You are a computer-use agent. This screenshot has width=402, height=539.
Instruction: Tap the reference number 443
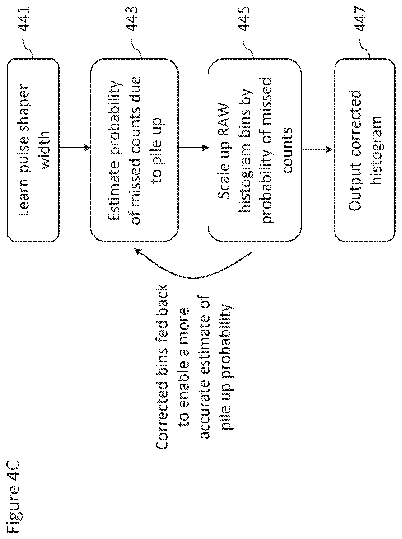point(132,19)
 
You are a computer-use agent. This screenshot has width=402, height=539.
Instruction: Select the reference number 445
point(244,19)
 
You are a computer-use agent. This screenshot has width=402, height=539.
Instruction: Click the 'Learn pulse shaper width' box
point(33,150)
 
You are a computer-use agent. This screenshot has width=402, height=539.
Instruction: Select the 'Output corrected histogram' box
point(364,150)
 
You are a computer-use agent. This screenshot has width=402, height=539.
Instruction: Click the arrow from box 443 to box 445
point(193,147)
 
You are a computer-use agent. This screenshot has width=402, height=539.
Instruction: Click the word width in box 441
point(44,150)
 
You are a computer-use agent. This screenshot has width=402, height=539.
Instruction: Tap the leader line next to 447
point(364,49)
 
